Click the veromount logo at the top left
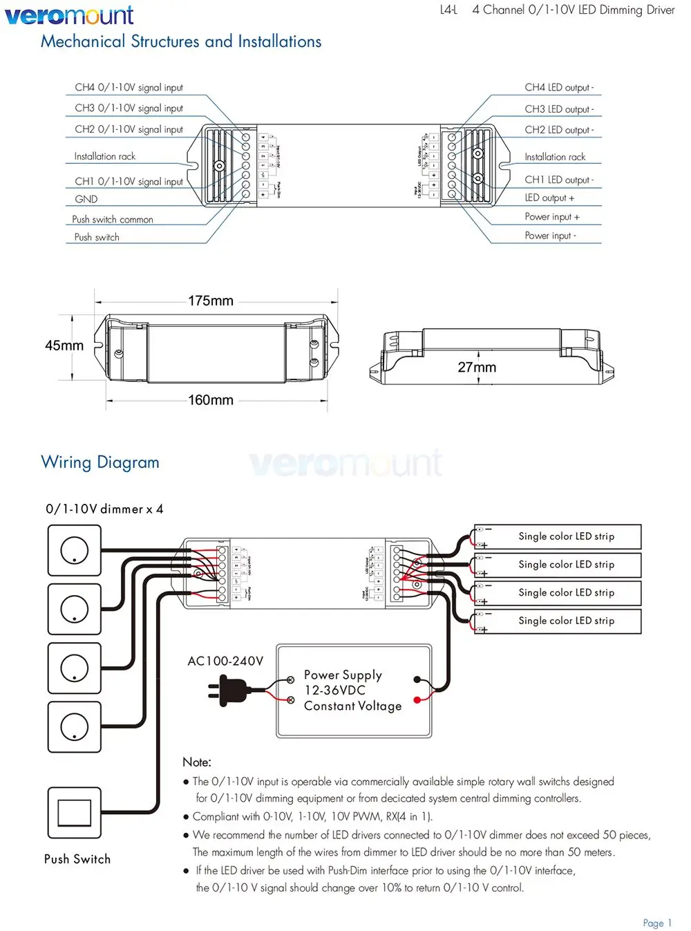(x=69, y=15)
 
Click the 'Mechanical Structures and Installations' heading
(x=181, y=41)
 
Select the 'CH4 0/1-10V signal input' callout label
(x=129, y=88)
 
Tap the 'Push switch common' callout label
(x=113, y=219)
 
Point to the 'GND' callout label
(x=86, y=199)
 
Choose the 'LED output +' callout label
(x=549, y=198)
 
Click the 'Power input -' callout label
(x=550, y=236)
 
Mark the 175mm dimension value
(x=211, y=301)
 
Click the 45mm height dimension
(x=64, y=346)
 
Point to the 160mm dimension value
(x=211, y=400)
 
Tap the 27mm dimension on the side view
(x=477, y=367)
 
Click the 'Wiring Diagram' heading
(x=100, y=462)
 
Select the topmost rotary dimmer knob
(x=74, y=550)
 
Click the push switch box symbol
(x=74, y=813)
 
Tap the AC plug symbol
(x=229, y=690)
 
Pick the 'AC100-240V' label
(x=225, y=661)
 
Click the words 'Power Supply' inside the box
(x=343, y=675)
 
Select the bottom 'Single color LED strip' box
(x=558, y=621)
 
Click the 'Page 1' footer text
(x=656, y=923)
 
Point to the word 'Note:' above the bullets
(x=197, y=762)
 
